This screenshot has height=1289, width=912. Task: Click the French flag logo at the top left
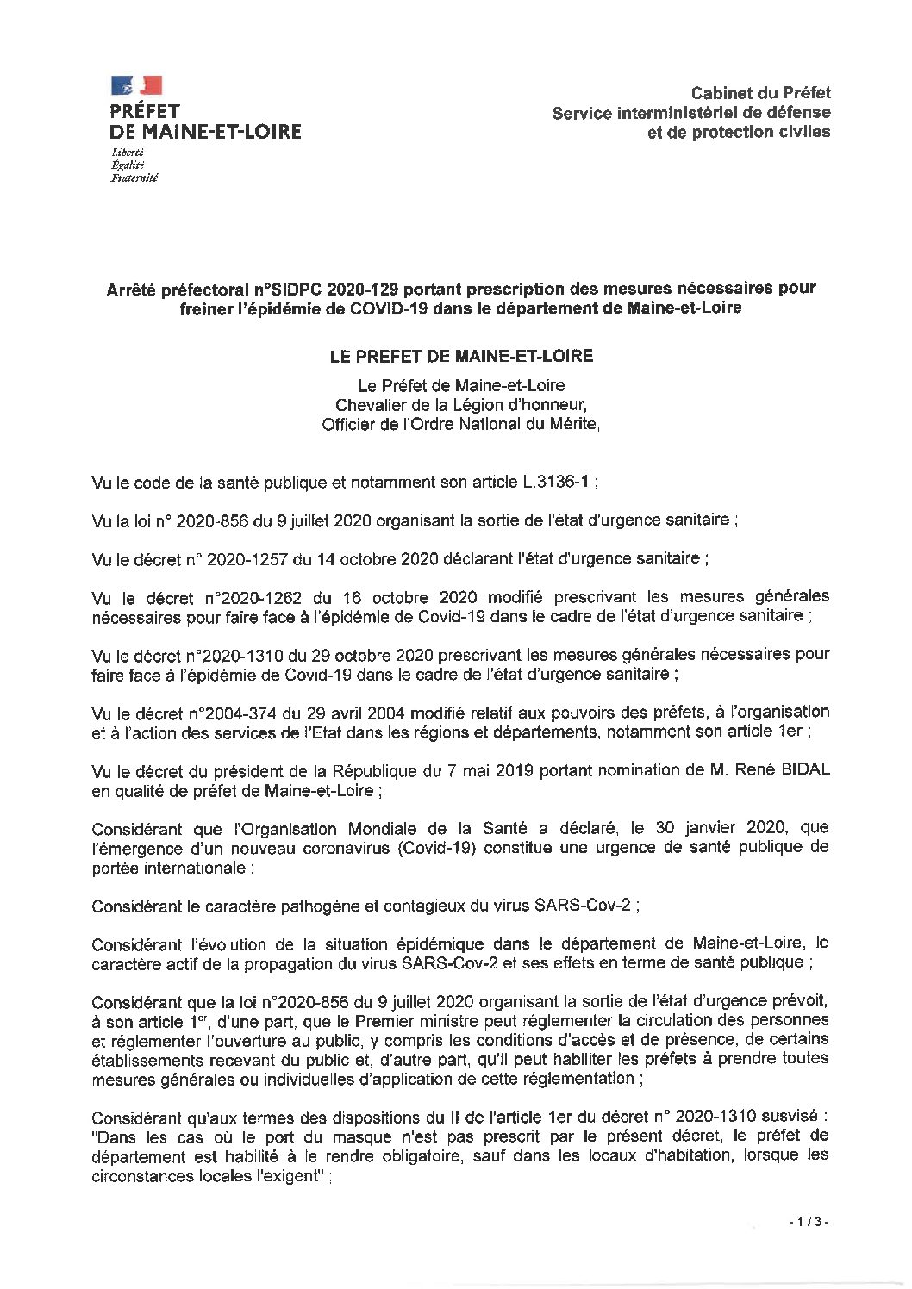[136, 84]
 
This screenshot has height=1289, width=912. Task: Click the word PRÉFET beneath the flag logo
[144, 111]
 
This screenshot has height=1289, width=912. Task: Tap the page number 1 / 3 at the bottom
[807, 1247]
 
